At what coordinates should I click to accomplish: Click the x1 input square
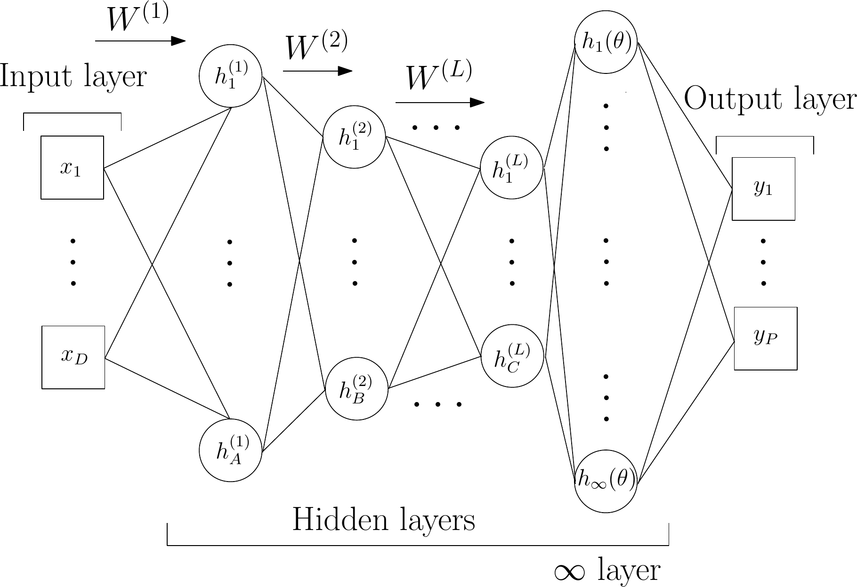[72, 168]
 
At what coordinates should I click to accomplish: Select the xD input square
[73, 357]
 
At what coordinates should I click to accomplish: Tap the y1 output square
[763, 189]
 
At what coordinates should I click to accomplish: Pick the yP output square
[766, 338]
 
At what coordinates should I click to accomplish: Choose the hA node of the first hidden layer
[230, 450]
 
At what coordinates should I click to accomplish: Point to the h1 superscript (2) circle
[354, 137]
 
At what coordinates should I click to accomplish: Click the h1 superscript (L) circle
[511, 168]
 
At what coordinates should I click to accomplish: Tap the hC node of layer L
[512, 356]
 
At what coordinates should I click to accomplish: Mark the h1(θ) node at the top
[606, 42]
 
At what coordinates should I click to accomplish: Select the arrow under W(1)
[140, 41]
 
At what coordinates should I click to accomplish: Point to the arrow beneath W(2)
[317, 71]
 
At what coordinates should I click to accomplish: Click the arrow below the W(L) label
[440, 103]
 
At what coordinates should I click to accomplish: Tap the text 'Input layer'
[73, 77]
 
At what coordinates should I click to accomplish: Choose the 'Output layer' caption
[769, 99]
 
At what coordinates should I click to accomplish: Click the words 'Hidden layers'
[384, 520]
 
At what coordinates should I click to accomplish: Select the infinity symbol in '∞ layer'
[570, 571]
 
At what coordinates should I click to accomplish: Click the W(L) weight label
[439, 76]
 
